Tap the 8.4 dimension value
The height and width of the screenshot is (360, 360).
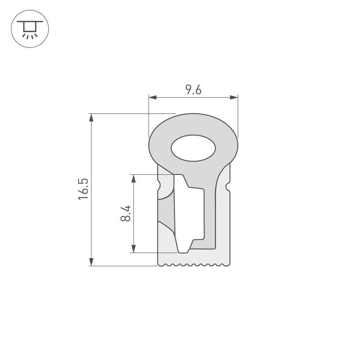(126, 213)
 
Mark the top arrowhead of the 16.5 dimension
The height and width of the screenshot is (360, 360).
(91, 117)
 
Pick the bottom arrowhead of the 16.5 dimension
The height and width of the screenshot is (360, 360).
(91, 262)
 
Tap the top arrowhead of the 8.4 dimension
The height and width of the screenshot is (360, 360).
(134, 178)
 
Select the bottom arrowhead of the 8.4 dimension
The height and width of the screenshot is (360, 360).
(134, 249)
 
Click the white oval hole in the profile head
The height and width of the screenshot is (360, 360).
(193, 148)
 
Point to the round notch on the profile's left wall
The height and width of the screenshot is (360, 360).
(159, 186)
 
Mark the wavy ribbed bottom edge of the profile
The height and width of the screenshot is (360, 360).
(194, 265)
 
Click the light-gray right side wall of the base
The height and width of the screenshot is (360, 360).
(223, 223)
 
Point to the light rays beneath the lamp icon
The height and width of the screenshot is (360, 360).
(30, 36)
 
